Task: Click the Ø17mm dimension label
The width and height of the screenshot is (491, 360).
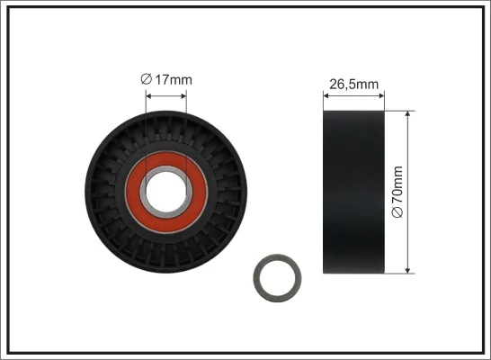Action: click(166, 80)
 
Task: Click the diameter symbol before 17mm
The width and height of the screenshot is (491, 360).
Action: click(146, 80)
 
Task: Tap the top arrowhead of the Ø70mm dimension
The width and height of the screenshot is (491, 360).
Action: click(408, 115)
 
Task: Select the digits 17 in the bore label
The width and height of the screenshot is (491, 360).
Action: click(161, 80)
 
